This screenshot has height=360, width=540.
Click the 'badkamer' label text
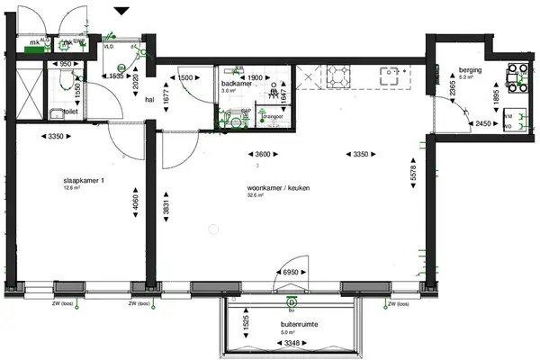(x=236, y=83)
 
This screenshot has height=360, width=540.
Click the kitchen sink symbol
(x=392, y=76)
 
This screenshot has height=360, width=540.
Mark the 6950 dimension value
(x=290, y=271)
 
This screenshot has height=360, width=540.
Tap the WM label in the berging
(x=508, y=117)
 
